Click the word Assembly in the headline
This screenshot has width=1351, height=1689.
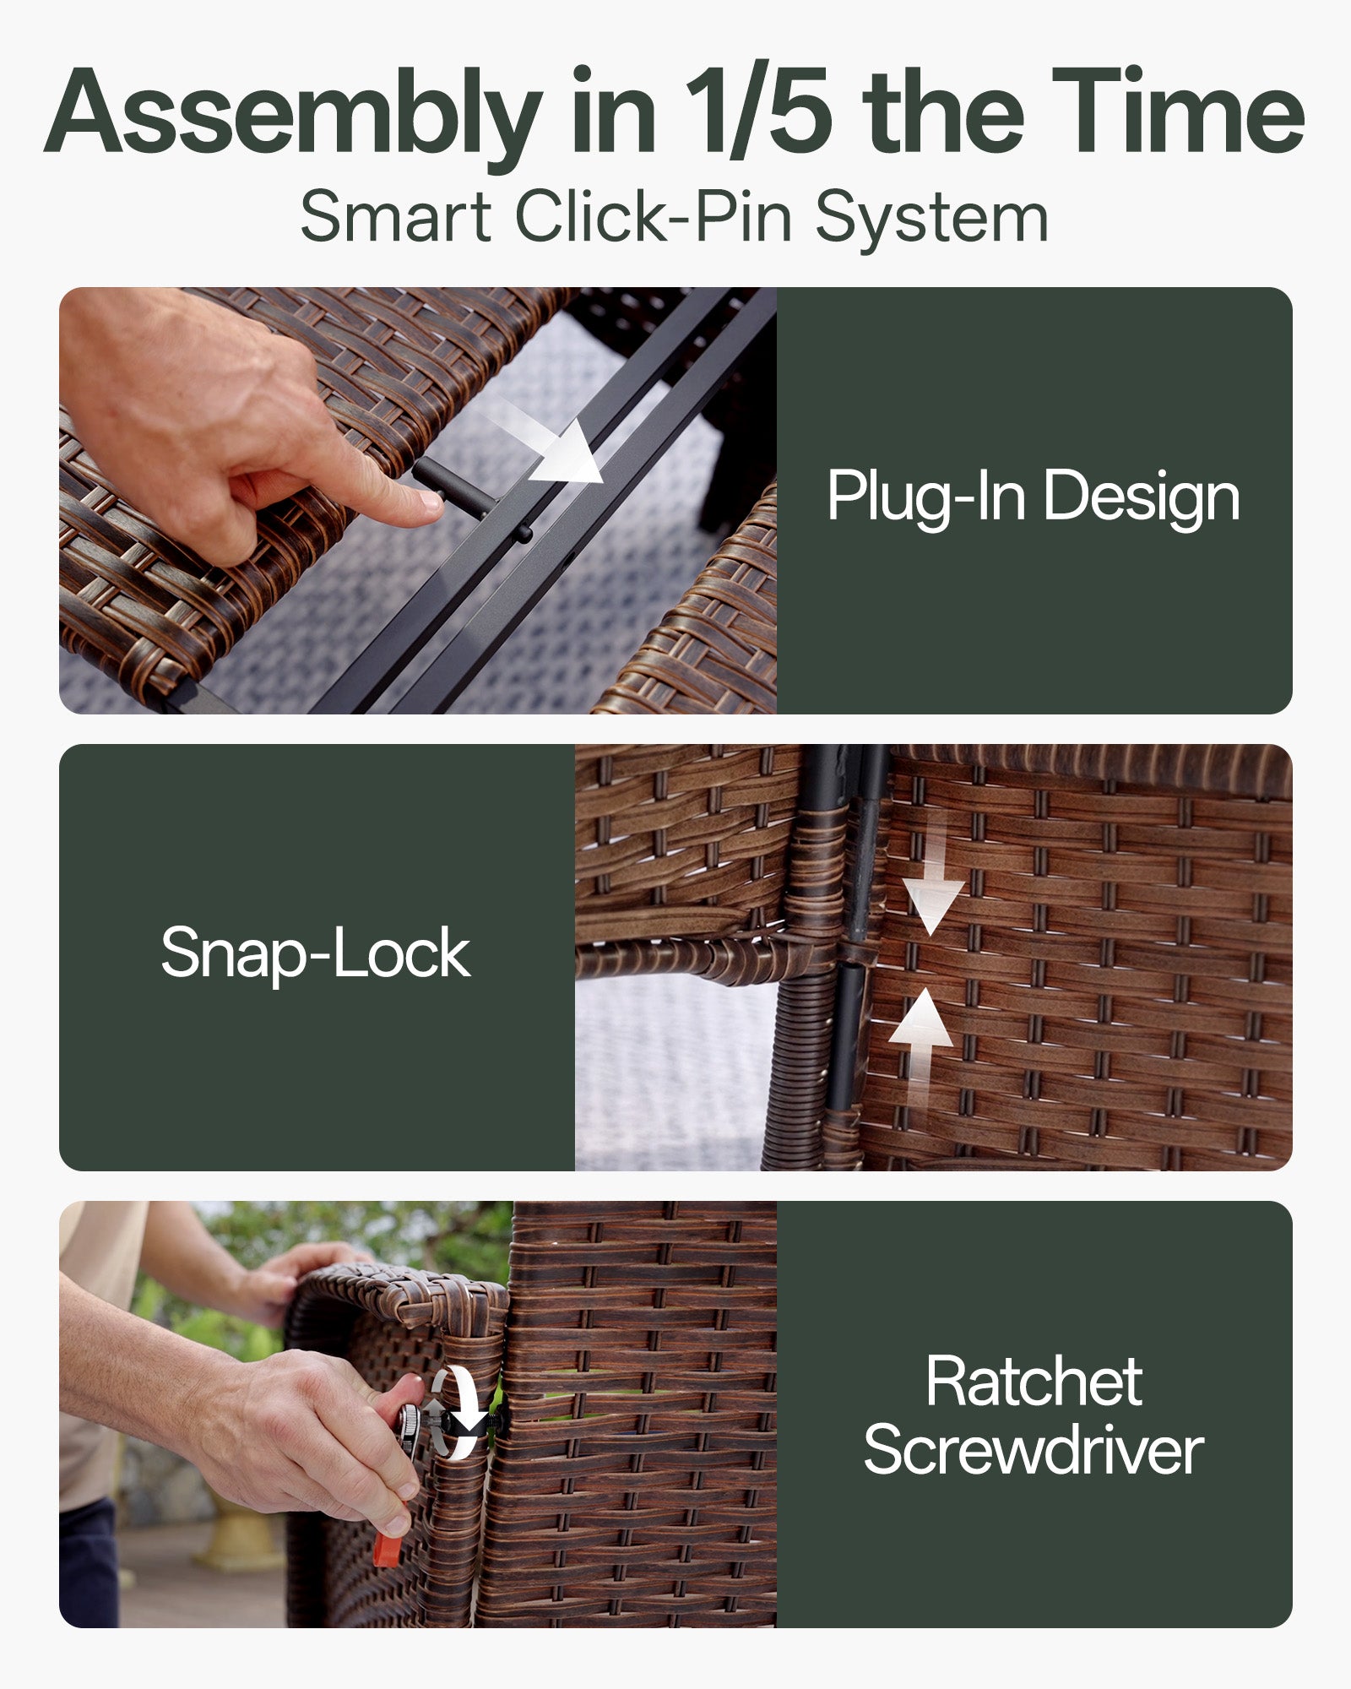pyautogui.click(x=293, y=112)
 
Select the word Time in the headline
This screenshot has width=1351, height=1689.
pyautogui.click(x=1178, y=110)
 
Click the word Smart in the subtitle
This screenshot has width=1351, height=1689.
pyautogui.click(x=396, y=217)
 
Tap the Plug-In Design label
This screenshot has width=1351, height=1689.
pyautogui.click(x=1034, y=497)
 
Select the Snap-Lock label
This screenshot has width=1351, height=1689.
pyautogui.click(x=316, y=953)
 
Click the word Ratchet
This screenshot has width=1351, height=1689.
pyautogui.click(x=1034, y=1382)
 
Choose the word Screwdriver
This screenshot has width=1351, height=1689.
pyautogui.click(x=1034, y=1451)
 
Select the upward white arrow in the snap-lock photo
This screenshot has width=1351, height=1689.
pyautogui.click(x=921, y=1047)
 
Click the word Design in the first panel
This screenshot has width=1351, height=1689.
pyautogui.click(x=1142, y=497)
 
